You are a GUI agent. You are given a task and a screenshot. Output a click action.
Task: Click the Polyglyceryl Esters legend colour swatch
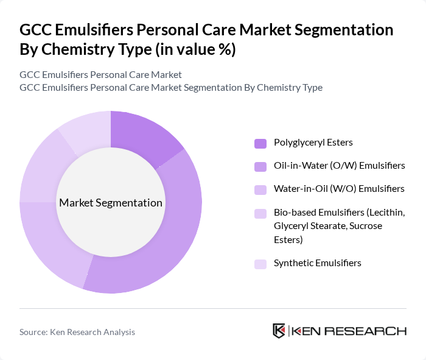click(260, 143)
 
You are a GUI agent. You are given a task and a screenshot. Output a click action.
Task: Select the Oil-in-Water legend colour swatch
click(260, 166)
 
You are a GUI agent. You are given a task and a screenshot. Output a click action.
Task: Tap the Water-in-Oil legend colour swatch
click(260, 189)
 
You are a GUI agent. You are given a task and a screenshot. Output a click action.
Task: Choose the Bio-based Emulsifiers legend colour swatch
click(260, 213)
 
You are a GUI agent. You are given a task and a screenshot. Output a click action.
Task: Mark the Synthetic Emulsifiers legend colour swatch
click(260, 264)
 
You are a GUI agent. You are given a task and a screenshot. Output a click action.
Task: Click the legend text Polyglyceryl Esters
click(313, 143)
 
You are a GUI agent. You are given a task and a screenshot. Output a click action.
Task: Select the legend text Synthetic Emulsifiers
click(317, 263)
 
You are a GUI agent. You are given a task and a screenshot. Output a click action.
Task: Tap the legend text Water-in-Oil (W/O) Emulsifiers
click(339, 189)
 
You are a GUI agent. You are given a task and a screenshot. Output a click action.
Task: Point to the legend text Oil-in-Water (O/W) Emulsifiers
click(339, 166)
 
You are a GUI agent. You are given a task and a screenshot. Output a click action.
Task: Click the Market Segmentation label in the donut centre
click(111, 203)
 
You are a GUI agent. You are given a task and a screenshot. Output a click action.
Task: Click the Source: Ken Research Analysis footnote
click(77, 332)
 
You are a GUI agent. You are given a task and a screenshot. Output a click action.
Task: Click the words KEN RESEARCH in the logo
click(349, 331)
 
